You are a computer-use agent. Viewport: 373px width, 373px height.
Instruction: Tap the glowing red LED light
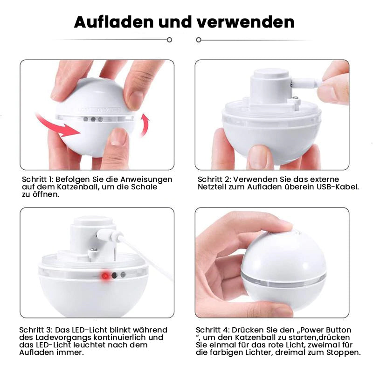click(x=105, y=276)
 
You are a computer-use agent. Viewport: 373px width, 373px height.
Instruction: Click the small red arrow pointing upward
click(x=146, y=125)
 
